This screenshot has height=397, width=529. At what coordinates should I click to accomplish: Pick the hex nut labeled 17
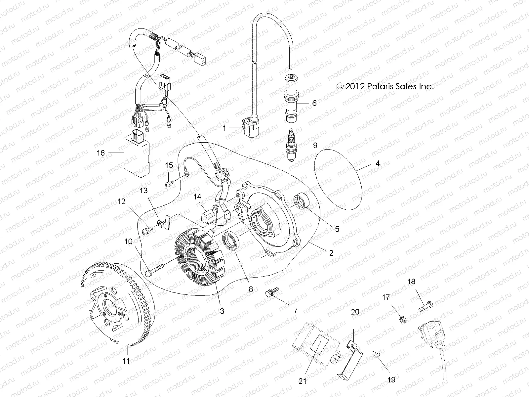(403, 320)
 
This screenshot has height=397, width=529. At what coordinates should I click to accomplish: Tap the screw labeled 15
(169, 182)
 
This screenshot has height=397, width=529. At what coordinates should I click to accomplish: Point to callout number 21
(303, 381)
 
